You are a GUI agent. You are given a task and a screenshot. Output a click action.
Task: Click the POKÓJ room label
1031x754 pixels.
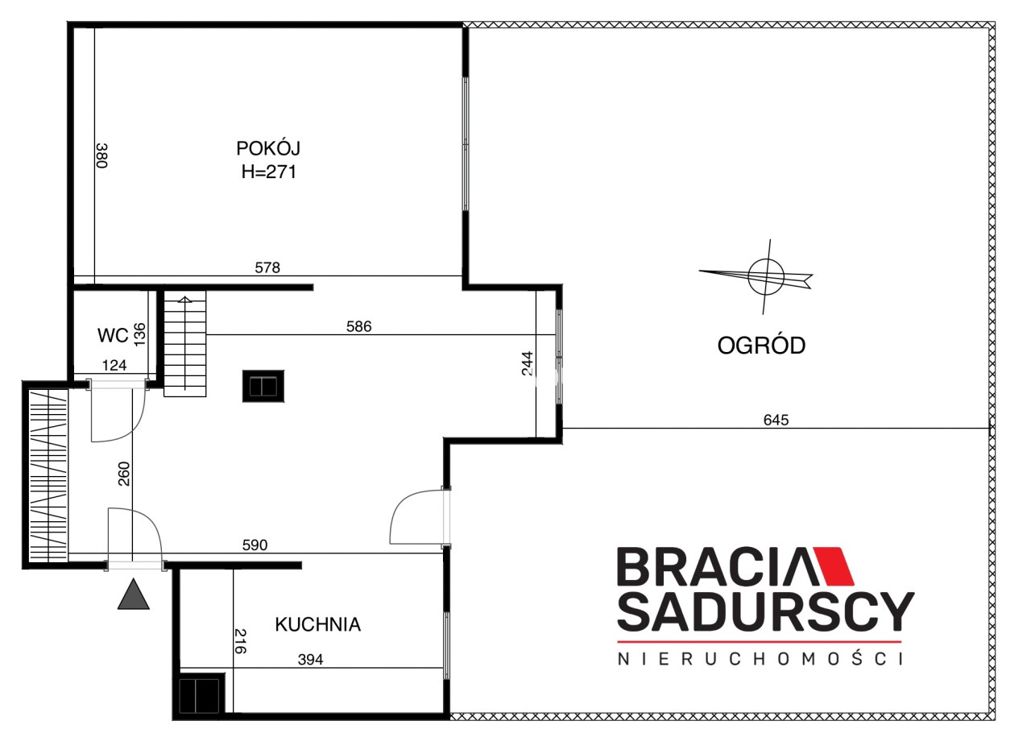[268, 147]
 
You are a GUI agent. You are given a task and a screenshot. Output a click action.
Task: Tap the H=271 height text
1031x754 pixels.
[269, 172]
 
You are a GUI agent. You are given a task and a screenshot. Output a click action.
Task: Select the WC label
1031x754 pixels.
[113, 336]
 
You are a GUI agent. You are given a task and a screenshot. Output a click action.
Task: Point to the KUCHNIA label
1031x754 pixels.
[317, 624]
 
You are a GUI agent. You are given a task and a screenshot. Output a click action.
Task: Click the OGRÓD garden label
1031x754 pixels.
[761, 346]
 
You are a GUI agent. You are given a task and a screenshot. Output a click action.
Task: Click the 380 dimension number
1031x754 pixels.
[102, 155]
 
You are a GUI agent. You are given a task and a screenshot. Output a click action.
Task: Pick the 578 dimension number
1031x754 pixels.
[267, 267]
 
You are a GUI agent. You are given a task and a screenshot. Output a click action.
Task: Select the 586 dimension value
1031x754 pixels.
[358, 326]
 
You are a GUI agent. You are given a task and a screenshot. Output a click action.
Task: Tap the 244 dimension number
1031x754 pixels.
[528, 363]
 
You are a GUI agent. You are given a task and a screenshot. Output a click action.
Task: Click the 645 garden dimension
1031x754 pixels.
[776, 420]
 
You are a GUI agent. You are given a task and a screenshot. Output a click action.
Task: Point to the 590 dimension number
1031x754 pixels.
[255, 545]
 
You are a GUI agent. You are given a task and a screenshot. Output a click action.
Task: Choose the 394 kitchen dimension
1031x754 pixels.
[310, 660]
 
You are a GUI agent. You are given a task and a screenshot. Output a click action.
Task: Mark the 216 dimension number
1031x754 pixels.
[240, 641]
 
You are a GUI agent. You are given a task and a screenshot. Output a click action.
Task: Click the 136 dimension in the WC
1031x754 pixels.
[139, 334]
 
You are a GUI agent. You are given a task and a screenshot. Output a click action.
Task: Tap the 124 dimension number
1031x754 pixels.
[114, 366]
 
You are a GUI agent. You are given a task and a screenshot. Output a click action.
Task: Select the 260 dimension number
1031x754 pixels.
[124, 474]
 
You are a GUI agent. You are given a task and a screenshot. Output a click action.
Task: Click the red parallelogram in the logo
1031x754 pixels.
[833, 566]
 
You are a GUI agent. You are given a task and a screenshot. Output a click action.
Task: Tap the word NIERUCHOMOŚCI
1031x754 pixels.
[760, 659]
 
